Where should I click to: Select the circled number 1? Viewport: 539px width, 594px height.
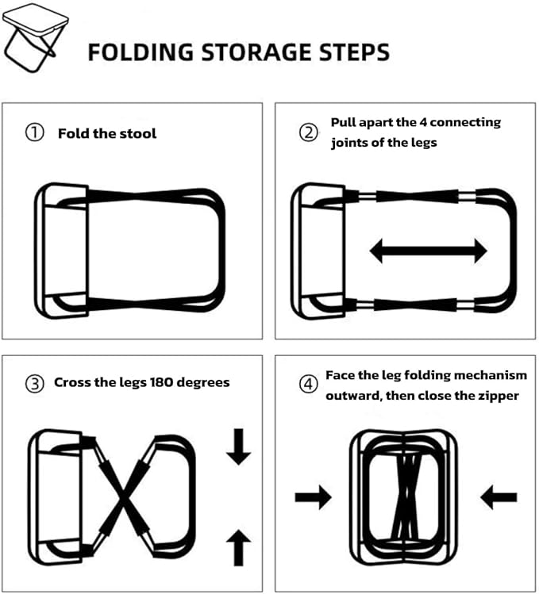tap(34, 133)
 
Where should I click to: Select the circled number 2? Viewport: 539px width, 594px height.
tap(308, 132)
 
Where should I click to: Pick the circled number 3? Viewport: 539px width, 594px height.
tap(34, 383)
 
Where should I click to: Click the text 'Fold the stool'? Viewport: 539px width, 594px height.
tap(107, 133)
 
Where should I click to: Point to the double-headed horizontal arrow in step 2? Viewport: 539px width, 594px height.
tap(429, 252)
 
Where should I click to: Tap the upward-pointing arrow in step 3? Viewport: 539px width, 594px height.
tap(238, 548)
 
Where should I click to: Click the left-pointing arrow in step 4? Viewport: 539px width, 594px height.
tap(499, 498)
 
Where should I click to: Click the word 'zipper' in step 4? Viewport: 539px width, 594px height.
tap(497, 396)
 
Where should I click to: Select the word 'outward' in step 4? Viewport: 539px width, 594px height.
tap(352, 396)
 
